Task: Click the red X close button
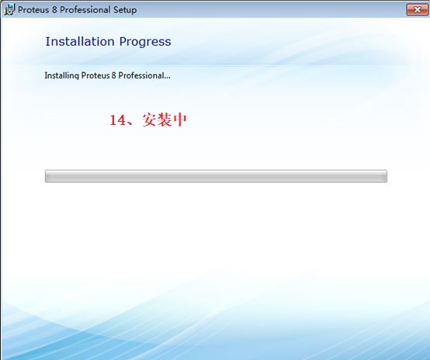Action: point(417,10)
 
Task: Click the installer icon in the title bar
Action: point(9,9)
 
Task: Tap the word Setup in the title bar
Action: point(125,10)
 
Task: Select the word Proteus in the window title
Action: point(33,10)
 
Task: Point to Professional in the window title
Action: point(85,10)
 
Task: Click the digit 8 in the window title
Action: point(54,10)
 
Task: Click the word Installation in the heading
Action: point(80,41)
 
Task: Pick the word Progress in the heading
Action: point(145,42)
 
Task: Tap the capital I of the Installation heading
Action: point(47,42)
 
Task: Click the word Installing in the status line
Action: point(61,76)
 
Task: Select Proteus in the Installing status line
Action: point(95,75)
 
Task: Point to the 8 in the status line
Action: point(114,75)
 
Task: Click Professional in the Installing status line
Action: point(141,75)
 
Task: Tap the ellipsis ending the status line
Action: point(167,78)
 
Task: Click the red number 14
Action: point(118,120)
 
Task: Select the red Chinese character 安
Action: point(150,119)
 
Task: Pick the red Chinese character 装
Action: point(165,119)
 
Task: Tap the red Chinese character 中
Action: point(179,119)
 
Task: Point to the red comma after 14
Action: point(130,123)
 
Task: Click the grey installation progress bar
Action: point(216,176)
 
